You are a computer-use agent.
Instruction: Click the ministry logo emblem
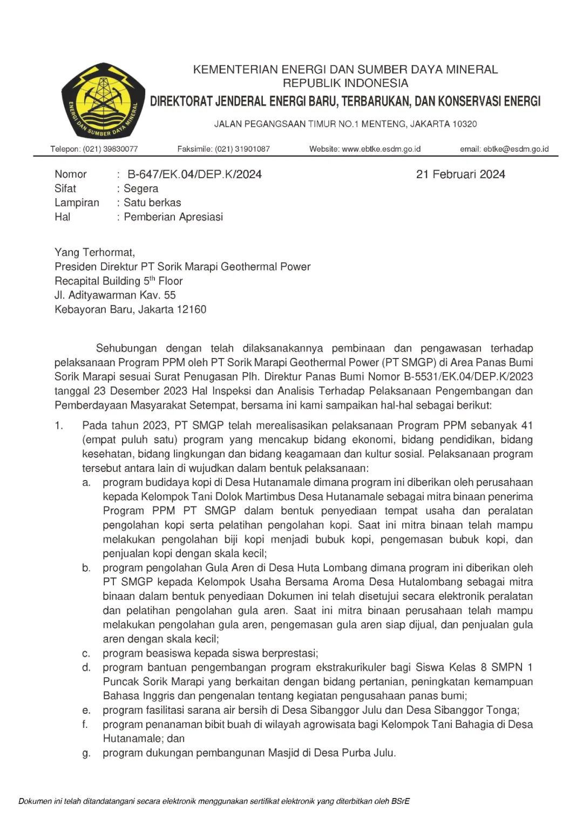[103, 101]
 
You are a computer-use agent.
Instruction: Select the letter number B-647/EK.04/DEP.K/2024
[194, 174]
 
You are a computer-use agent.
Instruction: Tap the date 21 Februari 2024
[460, 174]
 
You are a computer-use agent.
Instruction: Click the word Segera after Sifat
[141, 188]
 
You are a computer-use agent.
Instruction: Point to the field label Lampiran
[77, 202]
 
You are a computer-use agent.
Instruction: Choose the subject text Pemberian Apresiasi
[173, 217]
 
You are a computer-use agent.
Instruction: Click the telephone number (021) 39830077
[110, 149]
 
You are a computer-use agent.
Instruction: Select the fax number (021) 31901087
[242, 149]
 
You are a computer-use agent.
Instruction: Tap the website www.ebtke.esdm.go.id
[381, 149]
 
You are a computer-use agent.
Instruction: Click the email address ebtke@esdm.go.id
[516, 149]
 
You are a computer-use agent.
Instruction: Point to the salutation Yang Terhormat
[94, 253]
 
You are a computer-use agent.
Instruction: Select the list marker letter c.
[86, 653]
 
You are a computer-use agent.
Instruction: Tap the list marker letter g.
[86, 753]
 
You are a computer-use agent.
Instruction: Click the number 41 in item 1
[527, 425]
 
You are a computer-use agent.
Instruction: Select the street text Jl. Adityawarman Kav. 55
[115, 295]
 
